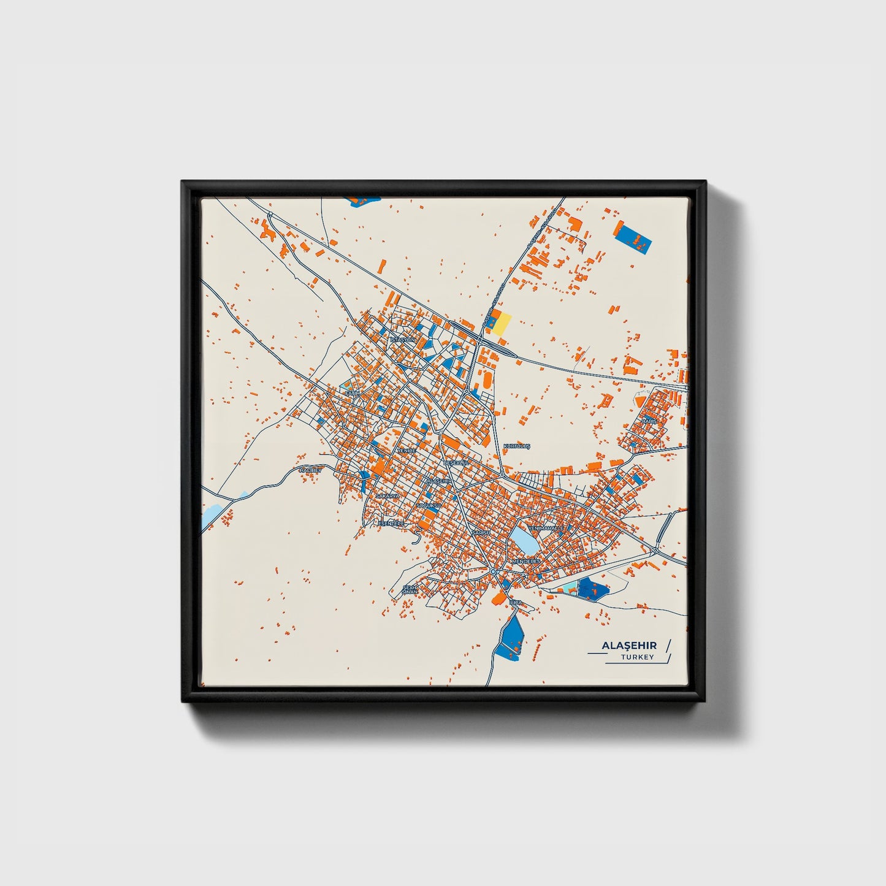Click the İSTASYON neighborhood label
pos(403,339)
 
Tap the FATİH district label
pos(351,392)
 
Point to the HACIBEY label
pos(310,470)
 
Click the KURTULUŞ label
pos(516,446)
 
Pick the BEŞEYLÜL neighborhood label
pos(456,462)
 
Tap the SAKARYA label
pos(388,495)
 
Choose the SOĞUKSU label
pos(429,505)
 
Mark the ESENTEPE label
pos(391,523)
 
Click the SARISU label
pos(481,533)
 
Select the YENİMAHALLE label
pos(546,527)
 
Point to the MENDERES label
pos(525,561)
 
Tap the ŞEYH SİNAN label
pos(410,589)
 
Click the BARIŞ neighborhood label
pos(649,421)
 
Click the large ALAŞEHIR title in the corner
pos(629,646)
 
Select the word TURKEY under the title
pos(637,657)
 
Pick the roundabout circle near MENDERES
pos(494,571)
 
